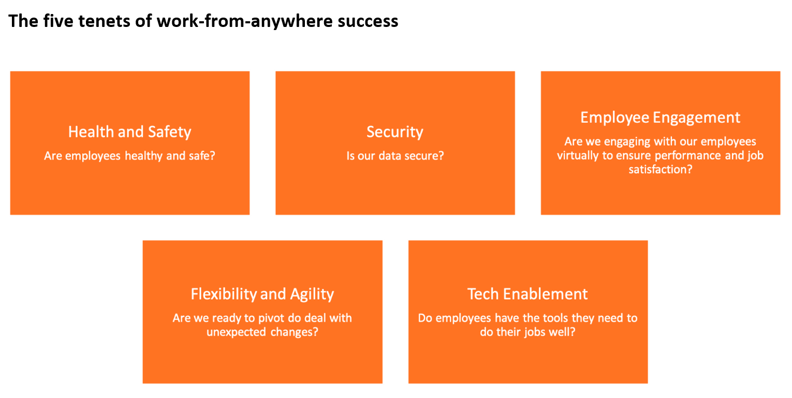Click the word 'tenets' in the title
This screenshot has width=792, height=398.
[x=104, y=21]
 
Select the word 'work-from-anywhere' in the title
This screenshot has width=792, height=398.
[x=244, y=22]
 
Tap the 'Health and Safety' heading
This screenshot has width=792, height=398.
[x=129, y=132]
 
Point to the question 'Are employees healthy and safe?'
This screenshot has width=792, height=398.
[x=129, y=156]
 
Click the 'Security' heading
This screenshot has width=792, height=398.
[x=395, y=132]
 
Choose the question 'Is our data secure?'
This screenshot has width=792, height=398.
[x=395, y=156]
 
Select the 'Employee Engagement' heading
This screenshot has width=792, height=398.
[x=660, y=118]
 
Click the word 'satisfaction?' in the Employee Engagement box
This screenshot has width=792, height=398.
[x=660, y=169]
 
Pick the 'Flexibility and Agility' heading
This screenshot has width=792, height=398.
[x=262, y=294]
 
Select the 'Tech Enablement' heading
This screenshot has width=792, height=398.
[x=527, y=294]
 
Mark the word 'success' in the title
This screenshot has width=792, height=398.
[x=368, y=22]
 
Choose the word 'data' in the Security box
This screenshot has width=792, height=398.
[x=389, y=156]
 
